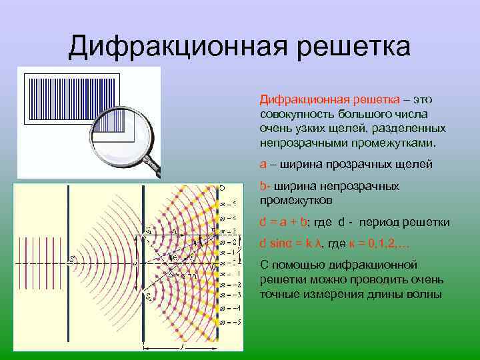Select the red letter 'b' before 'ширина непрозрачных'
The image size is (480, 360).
point(263,187)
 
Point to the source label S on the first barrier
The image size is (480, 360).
point(73,259)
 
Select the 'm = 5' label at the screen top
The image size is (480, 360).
point(227,204)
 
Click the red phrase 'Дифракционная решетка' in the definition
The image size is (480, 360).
point(329,99)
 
